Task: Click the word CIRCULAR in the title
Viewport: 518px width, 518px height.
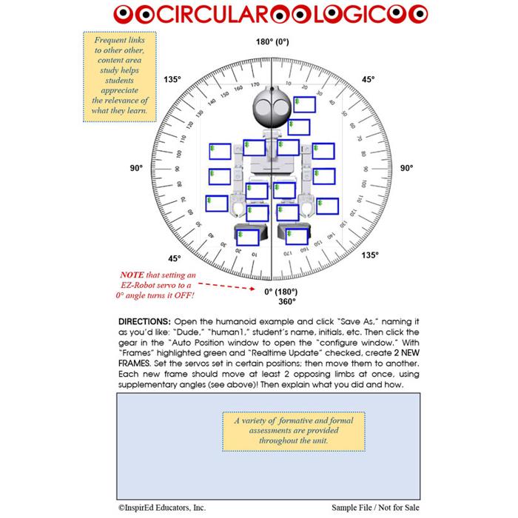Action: tap(195, 13)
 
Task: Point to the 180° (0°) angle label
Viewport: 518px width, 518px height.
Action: tap(272, 43)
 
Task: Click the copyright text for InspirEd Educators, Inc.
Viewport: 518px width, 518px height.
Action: tap(161, 508)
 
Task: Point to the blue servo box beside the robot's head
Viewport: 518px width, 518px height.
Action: tap(304, 105)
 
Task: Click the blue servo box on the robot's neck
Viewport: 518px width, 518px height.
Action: tap(299, 127)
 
